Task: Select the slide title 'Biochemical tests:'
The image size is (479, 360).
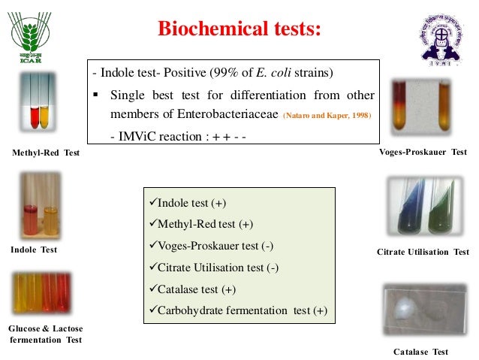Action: coord(239,29)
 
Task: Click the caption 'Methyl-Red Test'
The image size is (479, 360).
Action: coord(46,153)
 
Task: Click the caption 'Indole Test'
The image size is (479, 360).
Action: coord(34,250)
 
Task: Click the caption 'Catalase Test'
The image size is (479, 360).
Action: coord(420,352)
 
